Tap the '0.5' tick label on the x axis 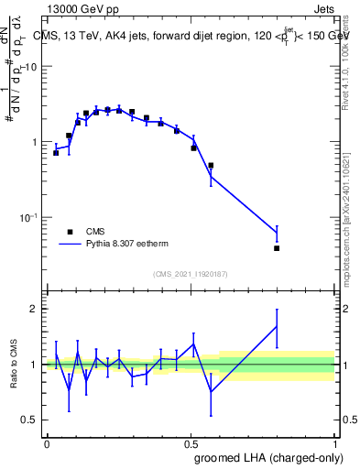[x=191, y=443]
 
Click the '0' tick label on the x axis [x=47, y=443]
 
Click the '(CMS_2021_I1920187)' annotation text [x=190, y=273]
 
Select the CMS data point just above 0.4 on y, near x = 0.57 [x=211, y=166]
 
